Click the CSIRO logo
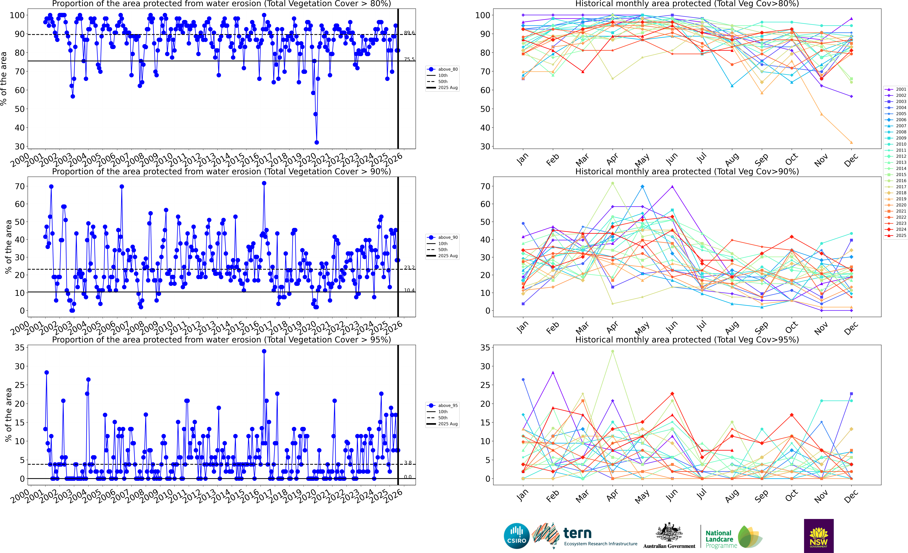pyautogui.click(x=517, y=536)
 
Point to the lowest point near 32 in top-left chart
pyautogui.click(x=317, y=142)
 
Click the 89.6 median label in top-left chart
pyautogui.click(x=409, y=33)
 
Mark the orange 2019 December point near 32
pyautogui.click(x=851, y=142)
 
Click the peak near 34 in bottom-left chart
pyautogui.click(x=264, y=351)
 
